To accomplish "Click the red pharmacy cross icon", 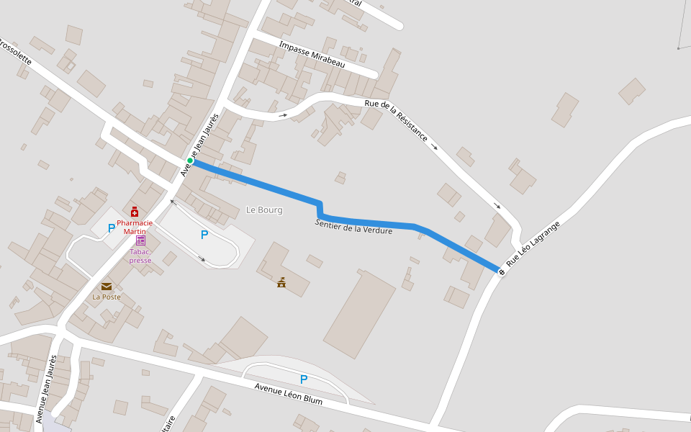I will coord(135,212).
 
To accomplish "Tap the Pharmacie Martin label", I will coord(135,227).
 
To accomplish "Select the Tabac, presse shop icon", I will coord(140,240).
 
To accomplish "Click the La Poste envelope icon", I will coord(107,286).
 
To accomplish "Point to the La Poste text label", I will coord(107,297).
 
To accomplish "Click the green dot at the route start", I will coord(190,161).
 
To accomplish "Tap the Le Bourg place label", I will coord(264,210).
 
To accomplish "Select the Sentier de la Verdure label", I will coord(353,227).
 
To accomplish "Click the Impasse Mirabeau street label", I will coord(312,55).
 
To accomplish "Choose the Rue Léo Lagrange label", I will coord(533,244).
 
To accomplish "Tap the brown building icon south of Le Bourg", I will coord(281,282).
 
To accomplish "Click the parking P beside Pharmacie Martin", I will coord(111,228).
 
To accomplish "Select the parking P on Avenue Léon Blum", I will coord(304,379).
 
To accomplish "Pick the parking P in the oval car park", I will coord(204,235).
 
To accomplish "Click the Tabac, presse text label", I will coord(140,256).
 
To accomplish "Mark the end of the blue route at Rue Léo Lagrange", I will coord(499,270).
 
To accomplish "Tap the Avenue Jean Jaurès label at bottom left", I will coord(45,389).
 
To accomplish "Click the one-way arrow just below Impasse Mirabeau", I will coord(284,114).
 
